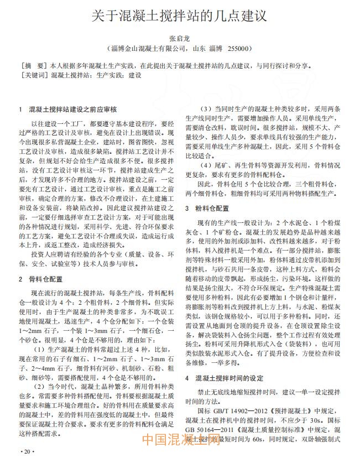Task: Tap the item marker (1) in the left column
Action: click(x=40, y=350)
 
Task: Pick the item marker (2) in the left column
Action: click(x=40, y=386)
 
